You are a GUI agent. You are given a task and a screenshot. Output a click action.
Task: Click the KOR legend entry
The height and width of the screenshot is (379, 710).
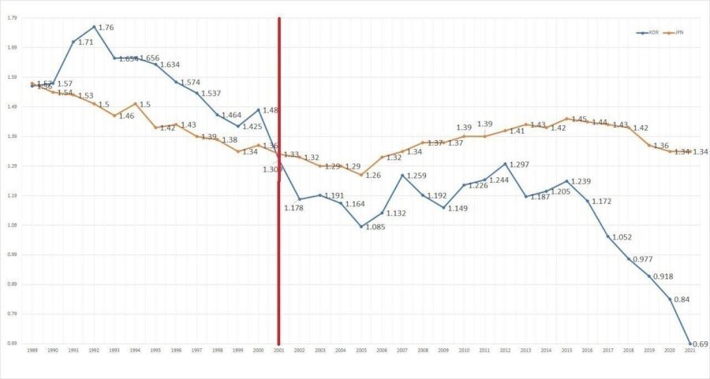coord(648,32)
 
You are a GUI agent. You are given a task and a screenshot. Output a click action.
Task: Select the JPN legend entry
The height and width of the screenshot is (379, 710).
coord(674,32)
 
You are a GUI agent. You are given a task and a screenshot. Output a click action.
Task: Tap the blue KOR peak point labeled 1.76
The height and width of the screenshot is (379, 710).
coord(94,27)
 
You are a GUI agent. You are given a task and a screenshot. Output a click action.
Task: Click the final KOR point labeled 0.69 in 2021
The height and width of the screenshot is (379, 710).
coord(690,344)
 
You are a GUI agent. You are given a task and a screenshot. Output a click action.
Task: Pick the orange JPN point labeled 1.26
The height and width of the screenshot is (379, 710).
coord(361,175)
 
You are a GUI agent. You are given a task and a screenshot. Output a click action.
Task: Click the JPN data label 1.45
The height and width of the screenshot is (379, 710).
coord(578,120)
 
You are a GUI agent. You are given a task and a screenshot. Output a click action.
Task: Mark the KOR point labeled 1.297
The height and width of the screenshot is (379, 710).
coord(505,164)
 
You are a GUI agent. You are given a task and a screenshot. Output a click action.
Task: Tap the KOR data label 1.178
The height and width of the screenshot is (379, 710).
coord(294,207)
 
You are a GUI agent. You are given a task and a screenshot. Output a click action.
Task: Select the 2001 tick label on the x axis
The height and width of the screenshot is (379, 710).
coord(278,349)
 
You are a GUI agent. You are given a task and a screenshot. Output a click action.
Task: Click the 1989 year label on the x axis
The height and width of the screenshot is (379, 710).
coord(32,349)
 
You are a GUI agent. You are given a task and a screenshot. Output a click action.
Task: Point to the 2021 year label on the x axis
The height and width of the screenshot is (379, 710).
coord(690,349)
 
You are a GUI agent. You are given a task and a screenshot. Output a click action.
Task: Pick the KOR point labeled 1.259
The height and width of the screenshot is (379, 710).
coord(402,175)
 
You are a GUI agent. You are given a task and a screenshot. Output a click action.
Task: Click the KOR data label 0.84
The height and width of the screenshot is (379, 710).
coord(682,299)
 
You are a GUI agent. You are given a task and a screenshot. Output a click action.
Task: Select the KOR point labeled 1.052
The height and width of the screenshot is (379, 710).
coord(608,236)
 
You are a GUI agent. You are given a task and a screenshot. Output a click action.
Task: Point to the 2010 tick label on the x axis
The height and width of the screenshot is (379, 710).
coord(464,349)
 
